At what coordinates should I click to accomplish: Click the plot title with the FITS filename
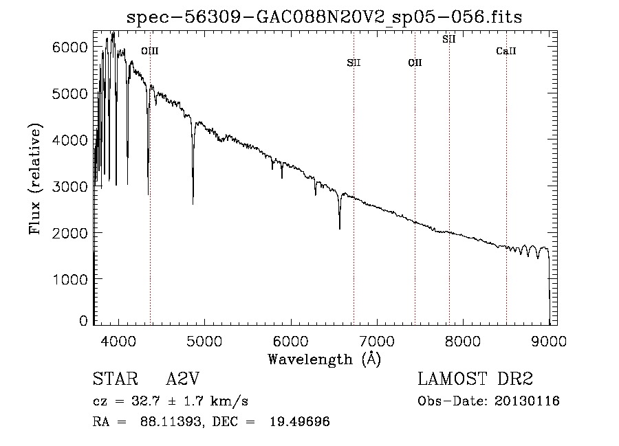point(324,17)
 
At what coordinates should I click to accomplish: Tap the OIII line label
point(150,51)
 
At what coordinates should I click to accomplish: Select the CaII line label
point(506,51)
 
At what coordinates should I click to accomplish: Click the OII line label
point(415,63)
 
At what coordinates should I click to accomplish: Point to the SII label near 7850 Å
point(449,39)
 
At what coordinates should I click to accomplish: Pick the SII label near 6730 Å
point(354,63)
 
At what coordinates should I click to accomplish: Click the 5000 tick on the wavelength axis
point(204,341)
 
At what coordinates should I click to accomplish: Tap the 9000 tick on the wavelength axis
point(549,341)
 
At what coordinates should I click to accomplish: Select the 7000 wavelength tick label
point(377,341)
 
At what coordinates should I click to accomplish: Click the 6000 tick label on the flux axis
point(69,47)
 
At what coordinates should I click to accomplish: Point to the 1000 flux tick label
point(69,279)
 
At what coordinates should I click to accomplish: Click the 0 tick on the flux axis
point(83,321)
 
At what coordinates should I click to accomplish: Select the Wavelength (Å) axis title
point(325,359)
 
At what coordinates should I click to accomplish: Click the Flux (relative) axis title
point(35,179)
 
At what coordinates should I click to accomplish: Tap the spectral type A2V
point(183,379)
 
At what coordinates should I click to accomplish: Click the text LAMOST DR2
point(475,379)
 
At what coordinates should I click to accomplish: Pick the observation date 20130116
point(527,401)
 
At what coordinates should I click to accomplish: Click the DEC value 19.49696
point(300,421)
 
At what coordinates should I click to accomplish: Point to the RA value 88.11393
point(171,421)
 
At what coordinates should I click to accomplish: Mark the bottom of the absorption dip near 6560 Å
point(340,229)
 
